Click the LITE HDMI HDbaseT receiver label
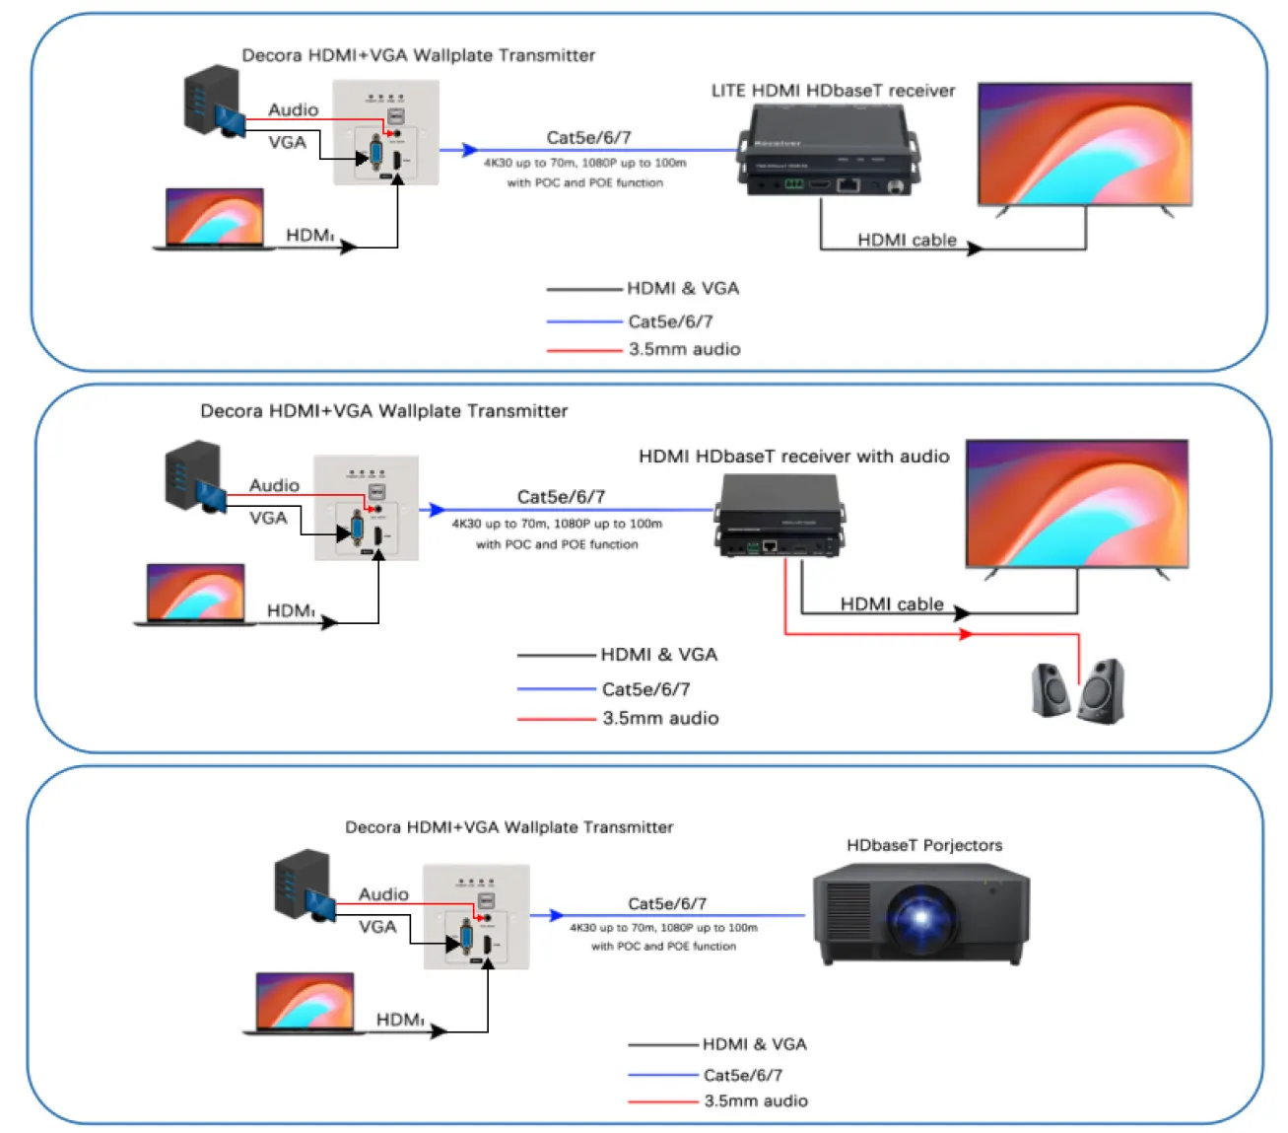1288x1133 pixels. click(x=833, y=91)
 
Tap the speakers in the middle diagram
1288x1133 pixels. click(x=1077, y=689)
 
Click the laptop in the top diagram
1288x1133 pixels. click(x=215, y=219)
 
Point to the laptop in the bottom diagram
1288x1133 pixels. click(x=305, y=1004)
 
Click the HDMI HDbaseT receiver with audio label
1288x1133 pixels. click(x=793, y=457)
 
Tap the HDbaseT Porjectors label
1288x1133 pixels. click(x=923, y=845)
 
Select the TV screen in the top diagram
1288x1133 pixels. click(x=1084, y=144)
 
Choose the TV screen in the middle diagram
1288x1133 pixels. click(x=1076, y=504)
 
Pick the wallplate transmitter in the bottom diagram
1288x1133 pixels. click(x=476, y=916)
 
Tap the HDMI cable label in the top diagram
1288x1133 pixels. click(x=906, y=240)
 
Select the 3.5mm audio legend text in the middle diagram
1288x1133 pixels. click(x=660, y=718)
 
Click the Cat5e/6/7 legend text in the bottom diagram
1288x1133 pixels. click(x=742, y=1075)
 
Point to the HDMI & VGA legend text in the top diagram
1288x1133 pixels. click(x=682, y=288)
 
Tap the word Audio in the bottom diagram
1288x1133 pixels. click(x=383, y=893)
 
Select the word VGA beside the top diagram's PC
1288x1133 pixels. click(x=287, y=142)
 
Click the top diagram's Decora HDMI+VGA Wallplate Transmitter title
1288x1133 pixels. click(x=418, y=55)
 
